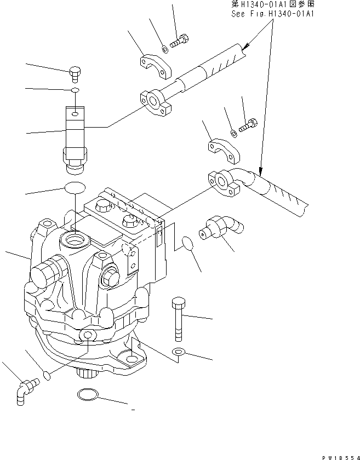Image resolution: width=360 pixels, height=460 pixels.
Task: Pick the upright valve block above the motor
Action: point(75,134)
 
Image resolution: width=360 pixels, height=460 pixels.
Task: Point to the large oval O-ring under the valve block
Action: point(75,188)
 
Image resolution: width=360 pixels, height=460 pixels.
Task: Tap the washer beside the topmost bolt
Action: point(164,49)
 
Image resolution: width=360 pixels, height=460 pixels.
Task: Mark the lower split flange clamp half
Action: point(224,152)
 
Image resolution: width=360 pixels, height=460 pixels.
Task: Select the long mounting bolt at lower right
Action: point(179,319)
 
